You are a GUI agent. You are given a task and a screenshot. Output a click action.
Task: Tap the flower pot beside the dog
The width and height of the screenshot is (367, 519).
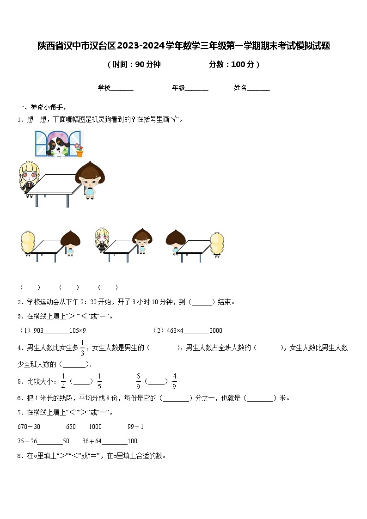click(80, 151)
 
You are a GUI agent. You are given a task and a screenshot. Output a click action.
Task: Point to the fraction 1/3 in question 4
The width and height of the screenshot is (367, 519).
click(82, 348)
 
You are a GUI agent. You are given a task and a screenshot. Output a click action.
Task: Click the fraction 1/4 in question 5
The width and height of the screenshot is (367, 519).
click(63, 381)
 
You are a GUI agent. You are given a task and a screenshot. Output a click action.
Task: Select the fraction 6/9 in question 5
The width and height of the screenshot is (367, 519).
click(138, 381)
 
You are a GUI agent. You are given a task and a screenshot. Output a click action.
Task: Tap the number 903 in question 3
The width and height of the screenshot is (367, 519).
click(38, 330)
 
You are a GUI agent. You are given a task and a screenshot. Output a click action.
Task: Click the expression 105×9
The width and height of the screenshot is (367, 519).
click(78, 330)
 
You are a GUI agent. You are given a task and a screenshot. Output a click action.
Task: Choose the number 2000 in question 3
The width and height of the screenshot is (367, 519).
click(216, 330)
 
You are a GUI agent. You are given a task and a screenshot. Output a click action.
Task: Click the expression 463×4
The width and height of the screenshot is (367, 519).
click(175, 330)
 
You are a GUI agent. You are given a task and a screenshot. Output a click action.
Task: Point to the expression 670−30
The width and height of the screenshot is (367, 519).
click(29, 427)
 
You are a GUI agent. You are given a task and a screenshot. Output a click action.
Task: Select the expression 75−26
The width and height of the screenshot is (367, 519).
click(27, 441)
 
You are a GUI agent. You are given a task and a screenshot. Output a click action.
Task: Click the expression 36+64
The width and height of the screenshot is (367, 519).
click(92, 441)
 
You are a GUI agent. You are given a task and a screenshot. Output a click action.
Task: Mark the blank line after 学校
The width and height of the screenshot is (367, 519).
click(122, 89)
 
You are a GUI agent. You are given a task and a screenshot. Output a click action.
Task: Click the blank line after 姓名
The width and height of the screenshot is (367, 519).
click(258, 89)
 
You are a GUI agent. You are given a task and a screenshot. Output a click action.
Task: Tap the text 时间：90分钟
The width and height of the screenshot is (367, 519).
click(134, 65)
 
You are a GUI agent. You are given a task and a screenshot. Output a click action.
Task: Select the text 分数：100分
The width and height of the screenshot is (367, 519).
click(234, 65)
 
